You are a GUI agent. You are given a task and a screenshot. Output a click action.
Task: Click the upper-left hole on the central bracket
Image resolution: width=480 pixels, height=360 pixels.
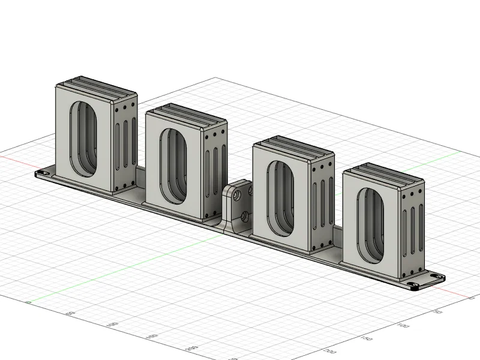238,196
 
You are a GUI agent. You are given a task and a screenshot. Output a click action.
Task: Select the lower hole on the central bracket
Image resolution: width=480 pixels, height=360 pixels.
244,215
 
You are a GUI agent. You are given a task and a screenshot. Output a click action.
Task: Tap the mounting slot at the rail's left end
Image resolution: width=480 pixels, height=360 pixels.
43,174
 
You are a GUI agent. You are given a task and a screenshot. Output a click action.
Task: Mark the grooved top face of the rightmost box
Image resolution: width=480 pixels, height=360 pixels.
384,174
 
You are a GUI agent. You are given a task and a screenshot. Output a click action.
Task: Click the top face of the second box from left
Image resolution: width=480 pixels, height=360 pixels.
186,114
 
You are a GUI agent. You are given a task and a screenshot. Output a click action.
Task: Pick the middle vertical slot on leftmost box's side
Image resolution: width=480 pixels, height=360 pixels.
125,145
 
